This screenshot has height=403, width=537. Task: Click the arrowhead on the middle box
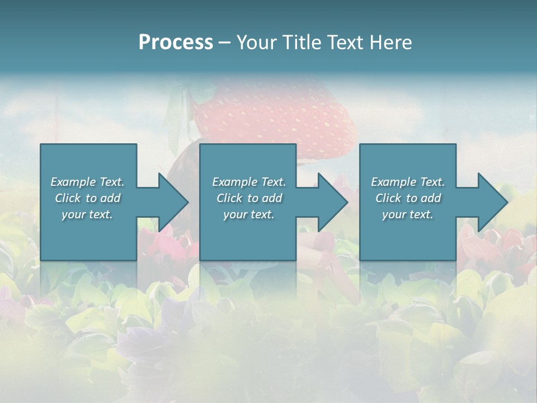pos(332,202)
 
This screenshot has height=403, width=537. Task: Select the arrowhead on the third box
pos(492,202)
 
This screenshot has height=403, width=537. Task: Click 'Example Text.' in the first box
pos(87,182)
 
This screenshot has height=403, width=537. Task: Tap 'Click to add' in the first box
pos(87,198)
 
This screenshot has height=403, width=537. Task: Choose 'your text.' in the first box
pos(87,214)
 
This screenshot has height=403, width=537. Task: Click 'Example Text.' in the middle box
pos(248,182)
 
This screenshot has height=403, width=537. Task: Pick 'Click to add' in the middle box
pos(248,198)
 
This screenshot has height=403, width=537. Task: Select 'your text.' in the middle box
pos(248,214)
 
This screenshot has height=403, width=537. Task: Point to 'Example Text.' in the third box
pos(408,182)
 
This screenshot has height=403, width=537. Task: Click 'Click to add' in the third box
pos(408,198)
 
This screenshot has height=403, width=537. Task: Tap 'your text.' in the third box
pos(408,214)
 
